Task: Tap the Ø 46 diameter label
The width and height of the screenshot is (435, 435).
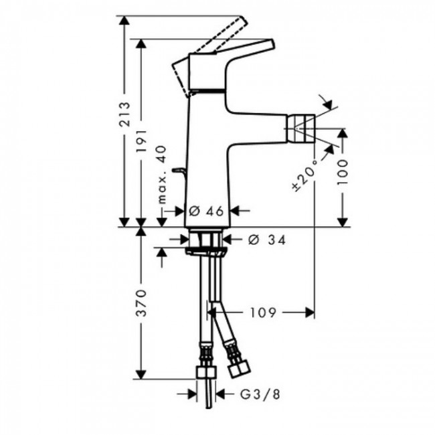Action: (205, 211)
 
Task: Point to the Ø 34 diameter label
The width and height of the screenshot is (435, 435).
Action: (266, 239)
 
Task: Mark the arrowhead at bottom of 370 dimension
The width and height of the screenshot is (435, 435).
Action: (141, 377)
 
